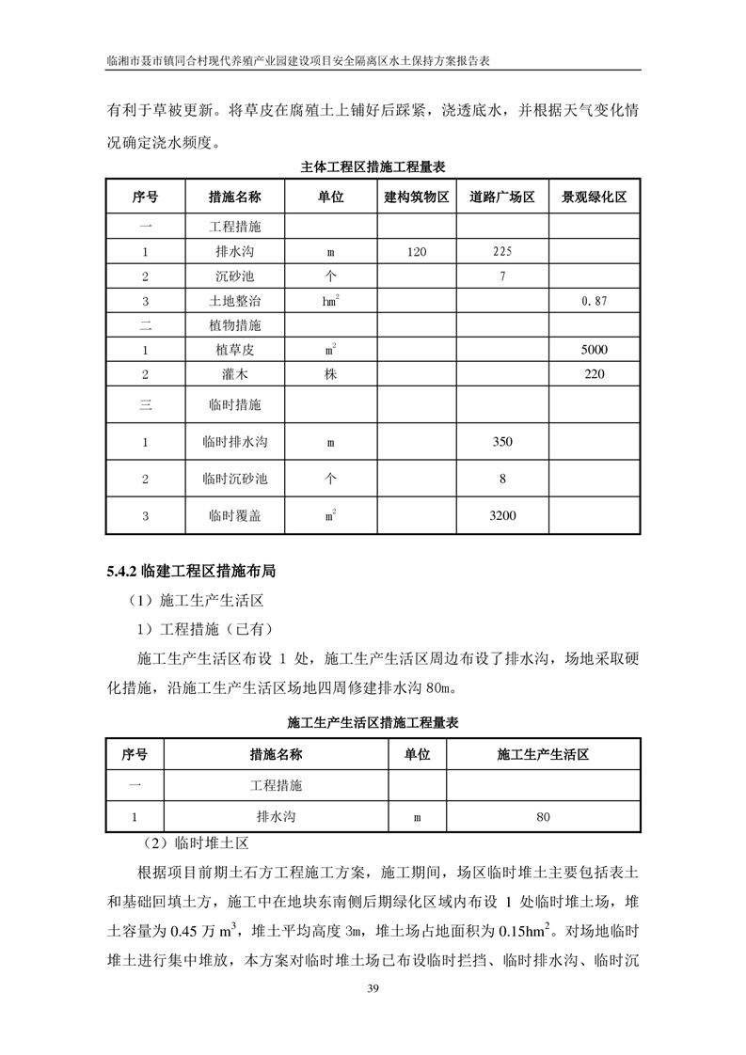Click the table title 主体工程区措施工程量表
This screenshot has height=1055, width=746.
click(373, 165)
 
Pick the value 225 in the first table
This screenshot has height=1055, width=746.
click(502, 252)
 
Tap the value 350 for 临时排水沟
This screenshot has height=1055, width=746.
click(502, 441)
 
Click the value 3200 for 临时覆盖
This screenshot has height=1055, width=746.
click(502, 515)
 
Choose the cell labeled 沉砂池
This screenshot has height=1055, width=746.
click(234, 276)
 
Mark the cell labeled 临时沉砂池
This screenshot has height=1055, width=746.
click(234, 479)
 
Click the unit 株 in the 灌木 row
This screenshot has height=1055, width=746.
click(330, 374)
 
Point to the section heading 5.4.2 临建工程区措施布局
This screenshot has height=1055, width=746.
click(191, 571)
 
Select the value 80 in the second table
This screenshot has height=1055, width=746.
click(543, 817)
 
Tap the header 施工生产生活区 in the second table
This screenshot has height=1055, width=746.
click(543, 754)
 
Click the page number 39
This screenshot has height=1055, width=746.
click(373, 988)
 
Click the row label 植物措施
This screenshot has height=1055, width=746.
click(234, 325)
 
